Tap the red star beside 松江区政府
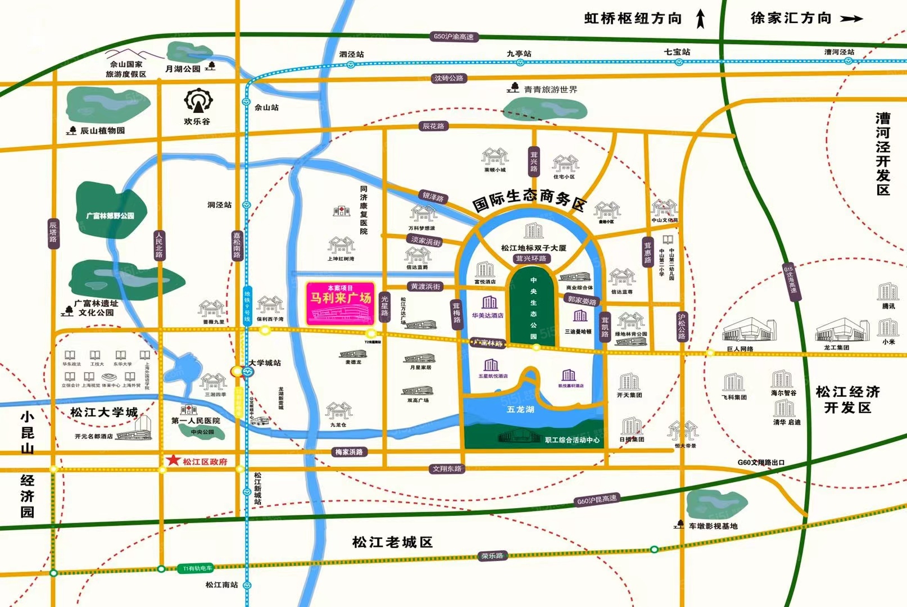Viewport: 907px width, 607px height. click(x=173, y=460)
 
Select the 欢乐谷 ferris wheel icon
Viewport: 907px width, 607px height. click(x=197, y=101)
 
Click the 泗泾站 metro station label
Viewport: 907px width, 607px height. click(x=352, y=55)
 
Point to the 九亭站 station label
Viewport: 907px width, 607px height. click(x=519, y=53)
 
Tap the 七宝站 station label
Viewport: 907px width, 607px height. click(x=677, y=52)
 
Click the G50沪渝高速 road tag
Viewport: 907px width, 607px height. click(x=454, y=37)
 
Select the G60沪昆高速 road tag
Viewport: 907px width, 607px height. click(x=596, y=500)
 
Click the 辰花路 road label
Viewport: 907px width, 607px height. click(x=433, y=126)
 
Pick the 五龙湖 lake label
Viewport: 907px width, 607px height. click(x=520, y=409)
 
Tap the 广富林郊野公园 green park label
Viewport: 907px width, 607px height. click(x=111, y=215)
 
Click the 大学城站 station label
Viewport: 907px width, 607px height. click(x=265, y=363)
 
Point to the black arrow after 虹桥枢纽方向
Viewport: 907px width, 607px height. click(x=700, y=19)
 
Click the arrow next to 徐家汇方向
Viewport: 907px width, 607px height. click(x=851, y=19)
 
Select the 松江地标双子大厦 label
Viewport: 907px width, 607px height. click(x=533, y=248)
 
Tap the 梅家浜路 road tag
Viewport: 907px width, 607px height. click(x=349, y=452)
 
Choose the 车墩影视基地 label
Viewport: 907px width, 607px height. click(x=713, y=526)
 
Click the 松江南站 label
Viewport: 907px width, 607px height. click(x=221, y=585)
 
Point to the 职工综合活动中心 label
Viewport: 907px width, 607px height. click(x=572, y=440)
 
